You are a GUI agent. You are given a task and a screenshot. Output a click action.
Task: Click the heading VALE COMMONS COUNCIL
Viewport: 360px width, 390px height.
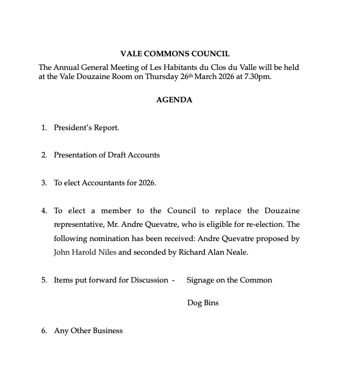(175, 54)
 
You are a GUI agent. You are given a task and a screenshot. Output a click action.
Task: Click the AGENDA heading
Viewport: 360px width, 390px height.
(174, 100)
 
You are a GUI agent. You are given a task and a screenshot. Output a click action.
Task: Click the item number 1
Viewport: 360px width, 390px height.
(44, 128)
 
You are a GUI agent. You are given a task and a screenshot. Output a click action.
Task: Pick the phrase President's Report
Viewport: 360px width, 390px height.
(86, 128)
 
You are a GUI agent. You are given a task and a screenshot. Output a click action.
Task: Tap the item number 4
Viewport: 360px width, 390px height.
(44, 211)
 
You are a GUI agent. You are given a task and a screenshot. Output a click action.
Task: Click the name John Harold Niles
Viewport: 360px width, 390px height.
(85, 252)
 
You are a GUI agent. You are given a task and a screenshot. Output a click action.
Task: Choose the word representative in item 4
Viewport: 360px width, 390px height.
(78, 225)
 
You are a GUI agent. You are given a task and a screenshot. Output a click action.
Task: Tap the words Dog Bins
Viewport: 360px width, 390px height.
(203, 303)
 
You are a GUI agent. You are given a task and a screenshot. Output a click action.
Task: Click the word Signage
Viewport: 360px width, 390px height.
(201, 280)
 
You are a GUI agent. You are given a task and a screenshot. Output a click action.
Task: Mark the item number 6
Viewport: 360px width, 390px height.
(44, 331)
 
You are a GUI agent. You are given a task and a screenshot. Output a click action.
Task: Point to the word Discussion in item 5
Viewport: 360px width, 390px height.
(148, 280)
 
